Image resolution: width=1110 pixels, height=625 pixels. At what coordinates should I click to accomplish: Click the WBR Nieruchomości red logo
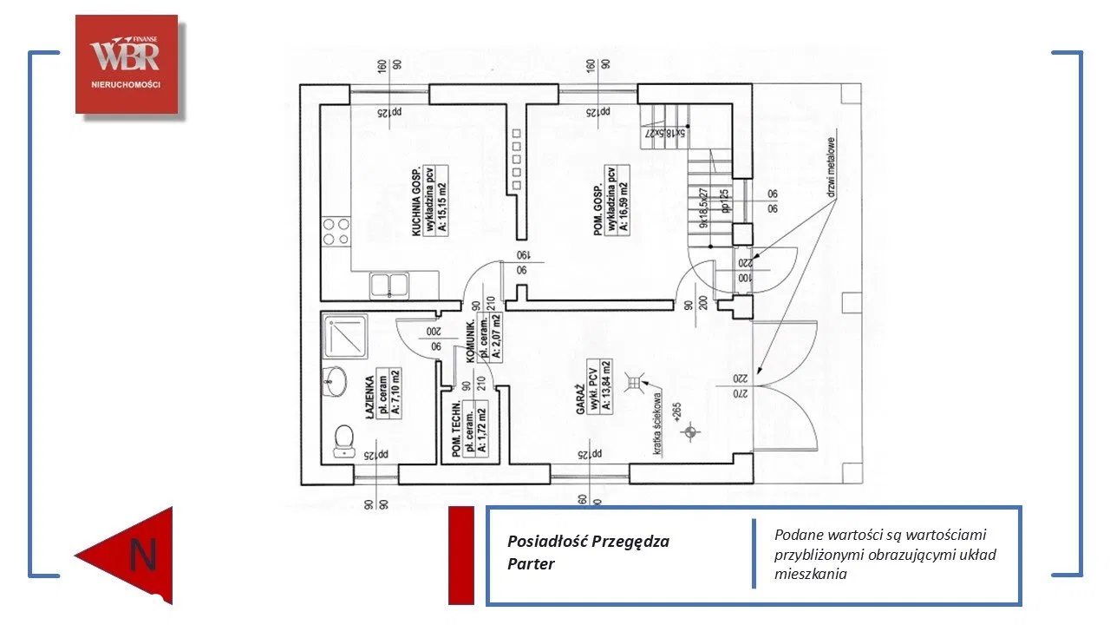pos(126,63)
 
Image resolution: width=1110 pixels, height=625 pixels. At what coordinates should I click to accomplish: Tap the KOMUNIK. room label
pos(473,340)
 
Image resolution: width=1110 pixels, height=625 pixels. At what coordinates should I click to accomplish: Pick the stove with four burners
pos(336,230)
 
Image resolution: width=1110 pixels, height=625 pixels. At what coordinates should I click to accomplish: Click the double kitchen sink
pos(390,284)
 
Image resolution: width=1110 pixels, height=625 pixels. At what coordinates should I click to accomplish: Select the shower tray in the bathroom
pos(344,335)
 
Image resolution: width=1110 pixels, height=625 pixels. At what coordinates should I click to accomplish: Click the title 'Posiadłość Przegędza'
pos(588,542)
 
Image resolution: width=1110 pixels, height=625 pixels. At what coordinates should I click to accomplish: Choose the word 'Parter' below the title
pos(531,563)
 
